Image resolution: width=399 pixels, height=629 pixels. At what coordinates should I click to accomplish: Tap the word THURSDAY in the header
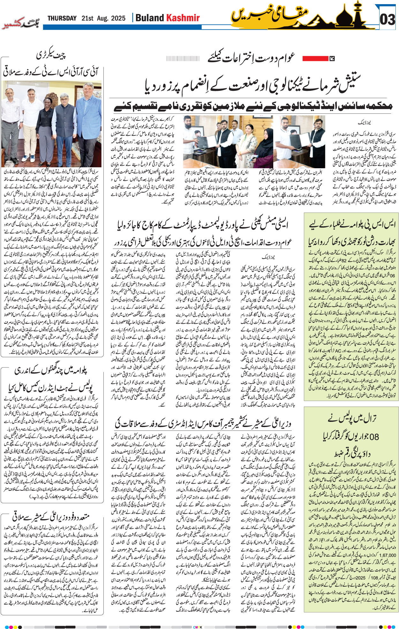click(62, 18)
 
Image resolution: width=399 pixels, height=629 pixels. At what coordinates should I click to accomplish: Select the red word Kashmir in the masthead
click(183, 18)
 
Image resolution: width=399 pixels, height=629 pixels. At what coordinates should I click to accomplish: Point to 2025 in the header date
click(118, 18)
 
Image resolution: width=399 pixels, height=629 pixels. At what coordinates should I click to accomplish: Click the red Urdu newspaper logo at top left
click(20, 24)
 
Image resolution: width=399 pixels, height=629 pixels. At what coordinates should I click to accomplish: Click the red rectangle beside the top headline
click(315, 58)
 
